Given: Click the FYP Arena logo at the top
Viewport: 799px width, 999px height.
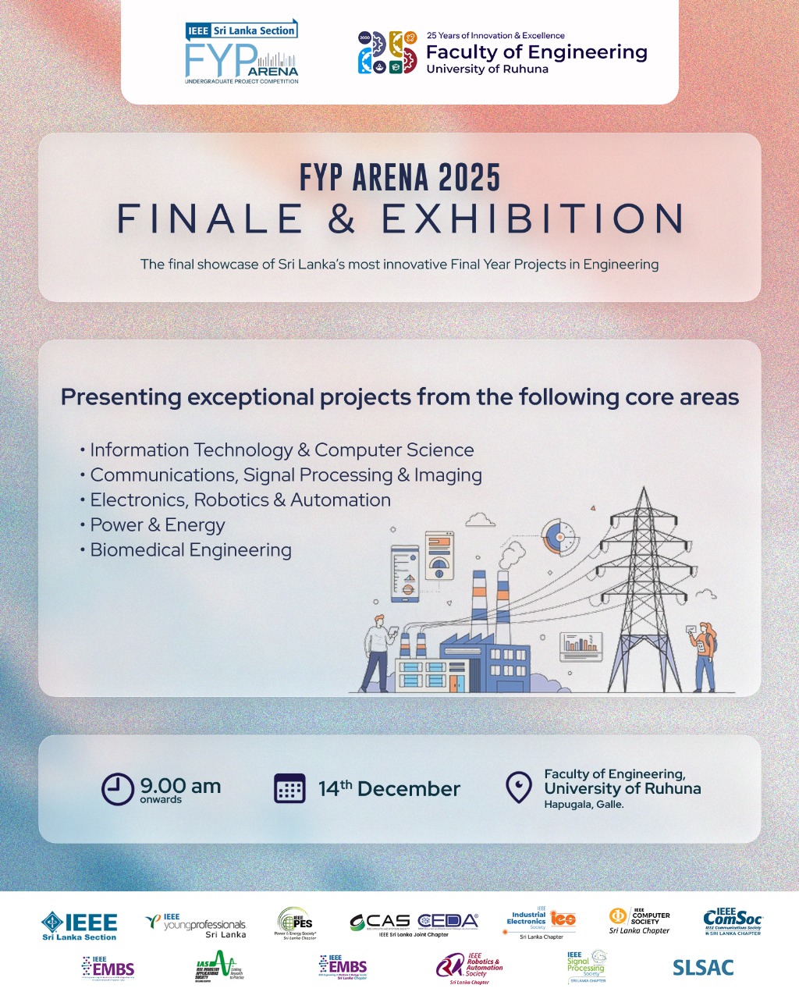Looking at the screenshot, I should click(x=241, y=53).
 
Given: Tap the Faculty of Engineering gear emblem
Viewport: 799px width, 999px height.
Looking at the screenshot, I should click(x=387, y=53).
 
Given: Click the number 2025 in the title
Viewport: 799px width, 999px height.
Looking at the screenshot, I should click(x=468, y=178).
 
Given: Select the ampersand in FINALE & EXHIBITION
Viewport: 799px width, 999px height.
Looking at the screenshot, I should click(x=342, y=219).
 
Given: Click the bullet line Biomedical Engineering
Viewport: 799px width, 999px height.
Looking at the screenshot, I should click(x=190, y=550).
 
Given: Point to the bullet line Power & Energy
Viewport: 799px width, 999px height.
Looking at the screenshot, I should click(x=157, y=525).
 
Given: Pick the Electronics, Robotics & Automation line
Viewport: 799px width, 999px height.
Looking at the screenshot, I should click(x=240, y=500).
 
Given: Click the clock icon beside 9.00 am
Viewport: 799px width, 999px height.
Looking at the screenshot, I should click(x=118, y=788).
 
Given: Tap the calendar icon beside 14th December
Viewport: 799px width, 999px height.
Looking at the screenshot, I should click(x=289, y=788).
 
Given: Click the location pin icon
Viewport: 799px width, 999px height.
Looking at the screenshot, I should click(x=519, y=787).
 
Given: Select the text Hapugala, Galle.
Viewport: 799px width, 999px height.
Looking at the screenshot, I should click(x=584, y=805).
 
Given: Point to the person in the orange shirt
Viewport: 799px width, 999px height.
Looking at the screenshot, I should click(x=704, y=656).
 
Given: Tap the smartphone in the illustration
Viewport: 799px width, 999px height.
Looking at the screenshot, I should click(x=404, y=574).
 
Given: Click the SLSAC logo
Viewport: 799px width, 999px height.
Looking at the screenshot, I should click(x=703, y=968).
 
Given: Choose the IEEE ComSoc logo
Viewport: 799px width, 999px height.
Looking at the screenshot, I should click(x=732, y=922).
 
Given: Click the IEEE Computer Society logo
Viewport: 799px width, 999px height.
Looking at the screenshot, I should click(x=639, y=921).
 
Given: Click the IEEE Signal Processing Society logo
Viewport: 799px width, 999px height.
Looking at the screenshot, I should click(x=586, y=967).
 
